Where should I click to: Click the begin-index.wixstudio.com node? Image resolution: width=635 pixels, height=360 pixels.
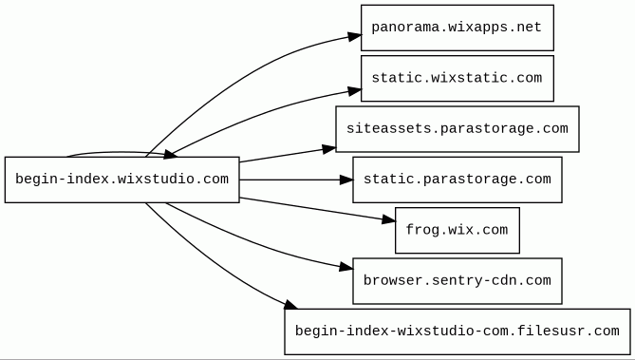pos(121,180)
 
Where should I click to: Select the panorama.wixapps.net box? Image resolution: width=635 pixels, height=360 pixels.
pos(458,28)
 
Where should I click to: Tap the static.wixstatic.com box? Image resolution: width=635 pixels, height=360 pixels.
pos(458,78)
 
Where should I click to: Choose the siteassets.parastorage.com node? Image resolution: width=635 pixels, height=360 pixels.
pos(458,129)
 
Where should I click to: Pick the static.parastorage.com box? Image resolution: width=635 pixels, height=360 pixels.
pos(458,180)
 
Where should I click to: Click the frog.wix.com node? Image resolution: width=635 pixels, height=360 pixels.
pos(458,230)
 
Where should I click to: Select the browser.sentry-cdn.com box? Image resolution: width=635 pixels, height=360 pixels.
pos(458,281)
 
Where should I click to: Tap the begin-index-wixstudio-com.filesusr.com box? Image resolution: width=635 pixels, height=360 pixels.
pos(458,332)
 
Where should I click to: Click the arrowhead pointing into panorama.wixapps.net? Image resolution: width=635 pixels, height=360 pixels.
pos(354,36)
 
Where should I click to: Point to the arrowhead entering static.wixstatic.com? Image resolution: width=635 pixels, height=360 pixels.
pos(354,91)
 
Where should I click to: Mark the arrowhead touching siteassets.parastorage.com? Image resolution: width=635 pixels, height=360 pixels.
pos(329,149)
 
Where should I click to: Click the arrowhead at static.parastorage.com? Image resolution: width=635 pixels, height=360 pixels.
pos(346,180)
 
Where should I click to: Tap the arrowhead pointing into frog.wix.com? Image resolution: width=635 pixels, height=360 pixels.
pos(389,220)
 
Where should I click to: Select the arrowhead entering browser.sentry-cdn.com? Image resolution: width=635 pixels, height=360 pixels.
pos(346,267)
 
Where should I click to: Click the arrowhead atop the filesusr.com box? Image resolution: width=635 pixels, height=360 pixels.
pos(290,304)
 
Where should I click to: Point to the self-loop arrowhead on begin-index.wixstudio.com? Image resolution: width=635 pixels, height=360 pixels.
pos(169,154)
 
